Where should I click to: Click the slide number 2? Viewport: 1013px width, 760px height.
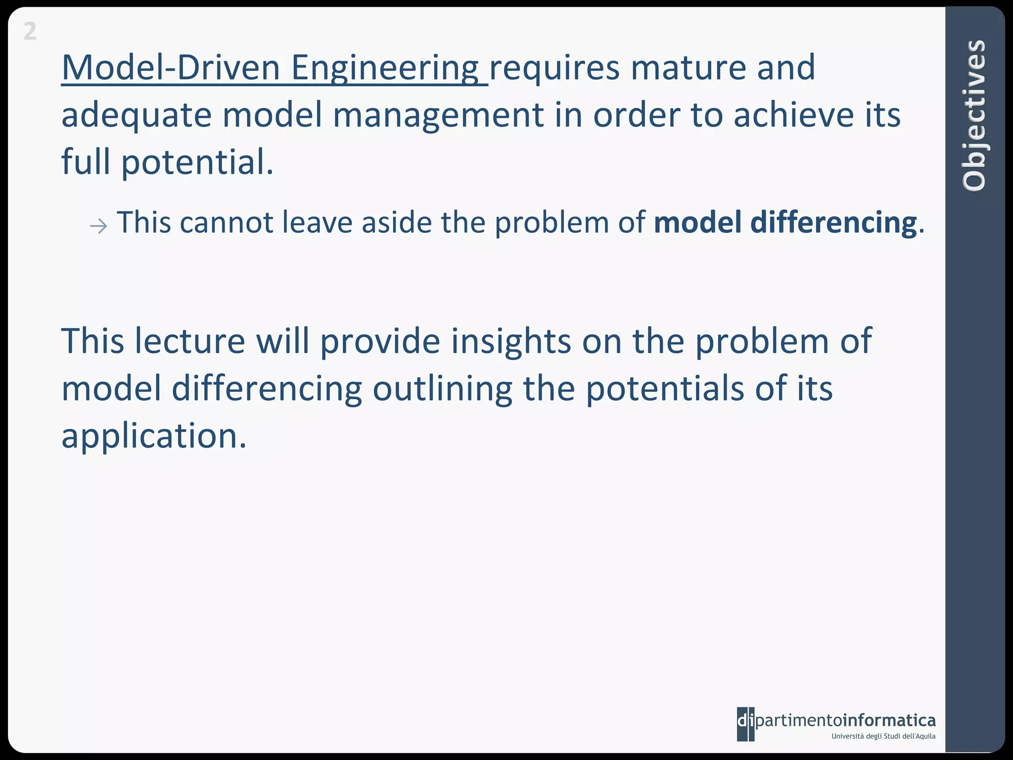30,32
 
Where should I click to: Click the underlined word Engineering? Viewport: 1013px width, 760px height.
384,68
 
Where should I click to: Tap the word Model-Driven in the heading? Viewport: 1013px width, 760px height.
171,68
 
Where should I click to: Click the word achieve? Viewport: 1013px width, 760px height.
793,115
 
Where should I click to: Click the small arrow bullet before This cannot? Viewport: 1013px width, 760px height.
98,227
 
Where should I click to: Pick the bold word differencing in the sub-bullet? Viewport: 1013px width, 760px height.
833,223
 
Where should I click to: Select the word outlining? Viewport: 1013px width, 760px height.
443,389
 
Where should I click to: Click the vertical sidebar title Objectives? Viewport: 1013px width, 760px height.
974,115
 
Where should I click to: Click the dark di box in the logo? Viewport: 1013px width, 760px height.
745,723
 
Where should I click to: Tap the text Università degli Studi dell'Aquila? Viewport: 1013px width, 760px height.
883,736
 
